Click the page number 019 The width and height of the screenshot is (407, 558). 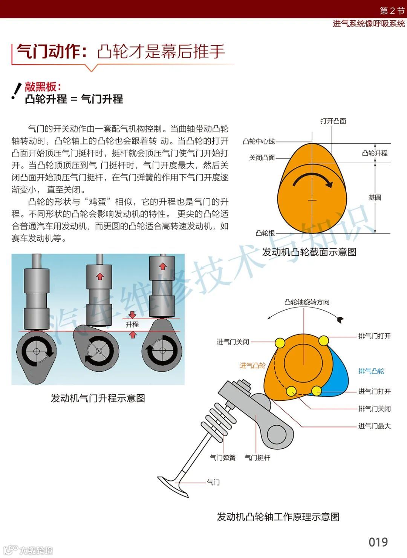click(378, 542)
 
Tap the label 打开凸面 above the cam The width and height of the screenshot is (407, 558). click(333, 121)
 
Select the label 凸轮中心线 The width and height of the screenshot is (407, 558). click(259, 141)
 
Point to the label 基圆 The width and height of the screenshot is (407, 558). click(375, 197)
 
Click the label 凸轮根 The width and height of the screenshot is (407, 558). click(265, 233)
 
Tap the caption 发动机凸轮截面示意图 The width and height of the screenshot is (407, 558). click(309, 252)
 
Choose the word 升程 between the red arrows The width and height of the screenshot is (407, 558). click(132, 324)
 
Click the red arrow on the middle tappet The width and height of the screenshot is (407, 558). click(100, 276)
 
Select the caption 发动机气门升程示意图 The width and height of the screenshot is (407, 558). click(98, 398)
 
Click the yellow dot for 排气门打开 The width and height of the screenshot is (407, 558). click(324, 341)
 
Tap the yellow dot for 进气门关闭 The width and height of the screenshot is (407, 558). click(280, 343)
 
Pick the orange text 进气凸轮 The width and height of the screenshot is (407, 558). click(252, 365)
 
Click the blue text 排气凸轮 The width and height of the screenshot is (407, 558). click(371, 371)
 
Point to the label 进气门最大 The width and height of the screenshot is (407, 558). click(374, 426)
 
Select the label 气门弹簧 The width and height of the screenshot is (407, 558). click(222, 457)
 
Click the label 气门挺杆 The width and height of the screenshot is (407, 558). click(257, 457)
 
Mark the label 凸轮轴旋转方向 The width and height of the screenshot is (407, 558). click(307, 302)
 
